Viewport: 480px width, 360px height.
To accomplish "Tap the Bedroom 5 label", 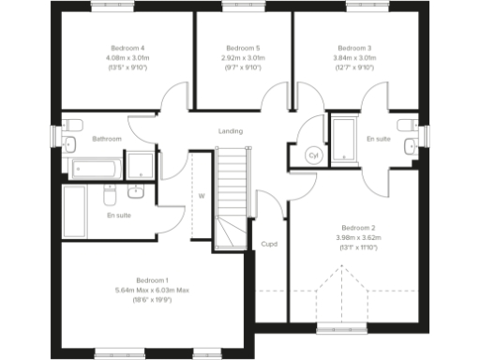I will click(x=243, y=48).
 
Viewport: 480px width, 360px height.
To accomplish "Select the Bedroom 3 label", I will click(x=354, y=48).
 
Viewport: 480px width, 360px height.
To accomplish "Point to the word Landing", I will click(x=230, y=131).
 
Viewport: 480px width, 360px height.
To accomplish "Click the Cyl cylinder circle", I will click(x=314, y=156).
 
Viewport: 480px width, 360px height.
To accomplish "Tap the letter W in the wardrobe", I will click(x=201, y=196).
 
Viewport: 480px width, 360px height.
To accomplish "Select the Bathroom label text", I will click(x=106, y=140).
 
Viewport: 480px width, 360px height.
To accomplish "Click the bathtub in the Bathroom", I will click(x=94, y=169).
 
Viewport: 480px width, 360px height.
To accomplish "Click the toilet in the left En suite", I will click(x=109, y=198).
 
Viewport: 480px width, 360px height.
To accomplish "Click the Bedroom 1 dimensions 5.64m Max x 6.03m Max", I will click(x=152, y=291).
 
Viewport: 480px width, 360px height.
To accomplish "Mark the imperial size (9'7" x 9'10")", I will click(x=243, y=67).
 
